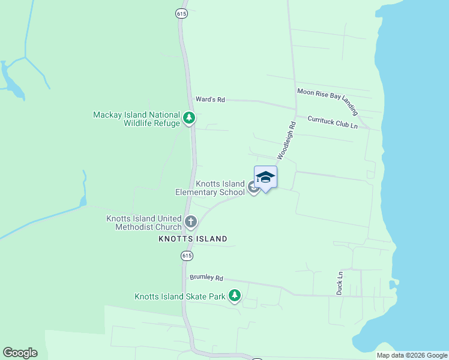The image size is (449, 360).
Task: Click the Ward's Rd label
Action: pyautogui.click(x=209, y=100)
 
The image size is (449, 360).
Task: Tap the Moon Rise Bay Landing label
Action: pyautogui.click(x=328, y=101)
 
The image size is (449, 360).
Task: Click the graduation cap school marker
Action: pyautogui.click(x=265, y=177)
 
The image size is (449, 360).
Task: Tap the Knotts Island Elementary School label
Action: pyautogui.click(x=210, y=188)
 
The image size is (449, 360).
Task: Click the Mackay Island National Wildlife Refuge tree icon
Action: pyautogui.click(x=189, y=118)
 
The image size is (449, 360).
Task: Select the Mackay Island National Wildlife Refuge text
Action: pyautogui.click(x=136, y=119)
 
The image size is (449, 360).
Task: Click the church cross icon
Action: pyautogui.click(x=191, y=223)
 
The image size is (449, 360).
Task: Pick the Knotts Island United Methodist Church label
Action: pyautogui.click(x=144, y=223)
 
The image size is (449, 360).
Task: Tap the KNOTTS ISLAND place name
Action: pyautogui.click(x=193, y=239)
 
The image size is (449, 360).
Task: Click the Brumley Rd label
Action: pyautogui.click(x=206, y=278)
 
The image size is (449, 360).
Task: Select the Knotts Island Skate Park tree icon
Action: pyautogui.click(x=235, y=296)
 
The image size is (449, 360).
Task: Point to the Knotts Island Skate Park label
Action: pyautogui.click(x=179, y=296)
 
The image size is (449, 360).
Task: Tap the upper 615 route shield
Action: pyautogui.click(x=182, y=13)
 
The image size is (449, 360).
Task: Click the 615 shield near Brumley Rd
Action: pyautogui.click(x=187, y=256)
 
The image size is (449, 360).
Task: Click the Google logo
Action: pyautogui.click(x=20, y=353)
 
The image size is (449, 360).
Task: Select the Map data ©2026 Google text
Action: pyautogui.click(x=412, y=355)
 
